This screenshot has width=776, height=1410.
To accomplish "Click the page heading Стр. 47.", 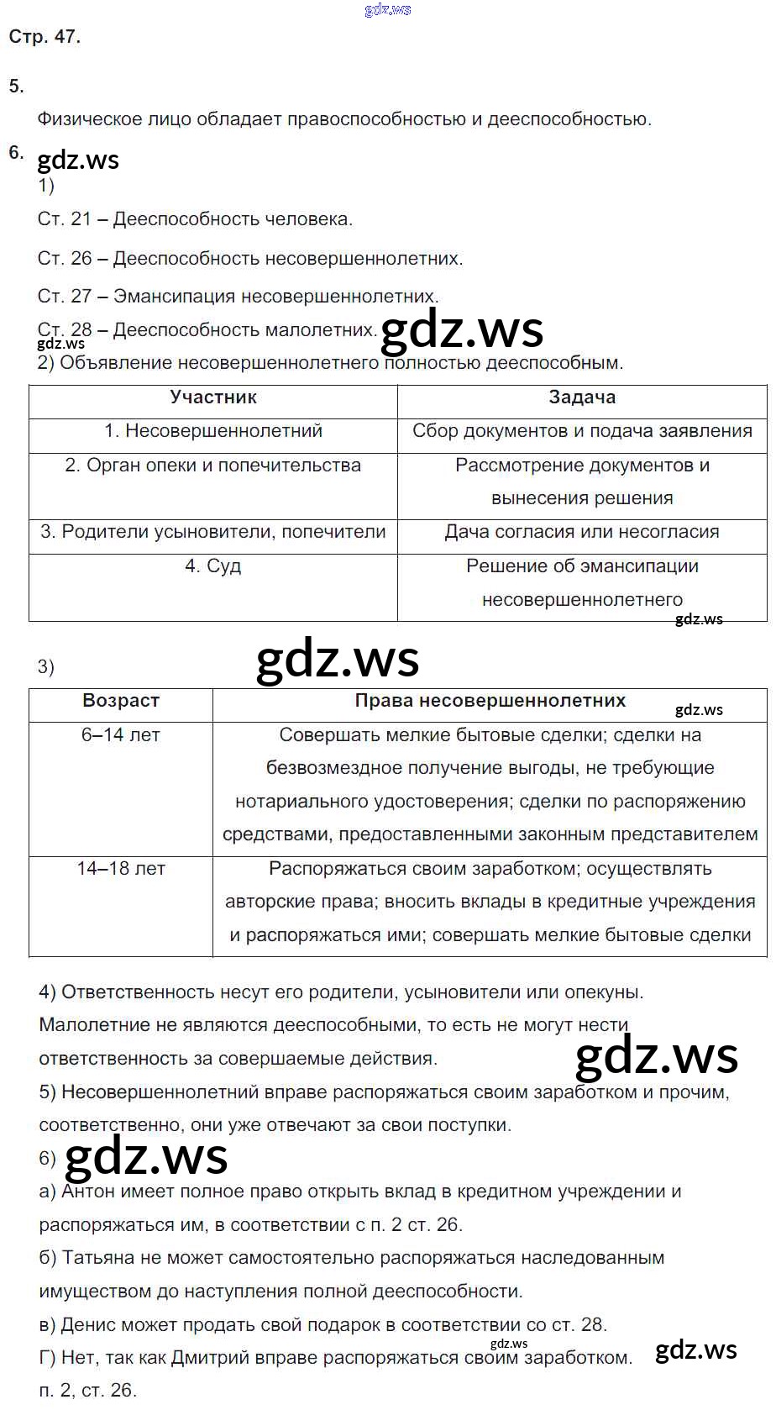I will click(x=45, y=37).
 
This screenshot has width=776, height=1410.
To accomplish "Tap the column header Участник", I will click(x=213, y=397).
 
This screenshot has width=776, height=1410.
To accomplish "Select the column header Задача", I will click(x=582, y=397).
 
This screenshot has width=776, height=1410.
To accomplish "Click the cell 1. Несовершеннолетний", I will click(x=213, y=431).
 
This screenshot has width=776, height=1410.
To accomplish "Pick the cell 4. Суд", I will click(x=213, y=566).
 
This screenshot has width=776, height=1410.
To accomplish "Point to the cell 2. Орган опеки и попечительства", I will click(x=213, y=466).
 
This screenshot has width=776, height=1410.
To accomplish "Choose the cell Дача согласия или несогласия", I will click(x=582, y=532).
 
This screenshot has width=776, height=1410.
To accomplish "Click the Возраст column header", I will click(x=121, y=701).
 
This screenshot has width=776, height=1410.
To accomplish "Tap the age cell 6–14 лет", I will click(x=121, y=735).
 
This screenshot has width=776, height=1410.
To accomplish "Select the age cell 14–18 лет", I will click(x=121, y=869).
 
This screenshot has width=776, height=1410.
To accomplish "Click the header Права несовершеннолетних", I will click(x=490, y=701).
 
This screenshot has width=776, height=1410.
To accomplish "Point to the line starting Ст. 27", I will click(x=238, y=296).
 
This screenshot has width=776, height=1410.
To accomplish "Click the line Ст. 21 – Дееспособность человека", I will click(x=195, y=219).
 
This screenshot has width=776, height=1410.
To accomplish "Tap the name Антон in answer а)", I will click(x=90, y=1192).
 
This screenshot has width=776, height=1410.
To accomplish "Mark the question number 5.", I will click(x=16, y=86).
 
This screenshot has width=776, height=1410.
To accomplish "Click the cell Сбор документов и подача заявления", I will click(x=582, y=431).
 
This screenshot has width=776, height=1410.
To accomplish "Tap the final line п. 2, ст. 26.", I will click(x=87, y=1391).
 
